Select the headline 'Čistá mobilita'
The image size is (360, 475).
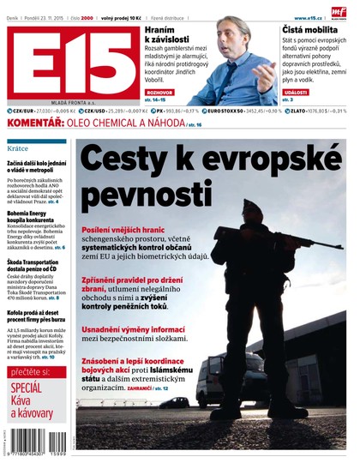click(309, 30)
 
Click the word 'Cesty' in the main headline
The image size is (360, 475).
click(120, 160)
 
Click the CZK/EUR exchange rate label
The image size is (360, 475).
click(23, 111)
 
